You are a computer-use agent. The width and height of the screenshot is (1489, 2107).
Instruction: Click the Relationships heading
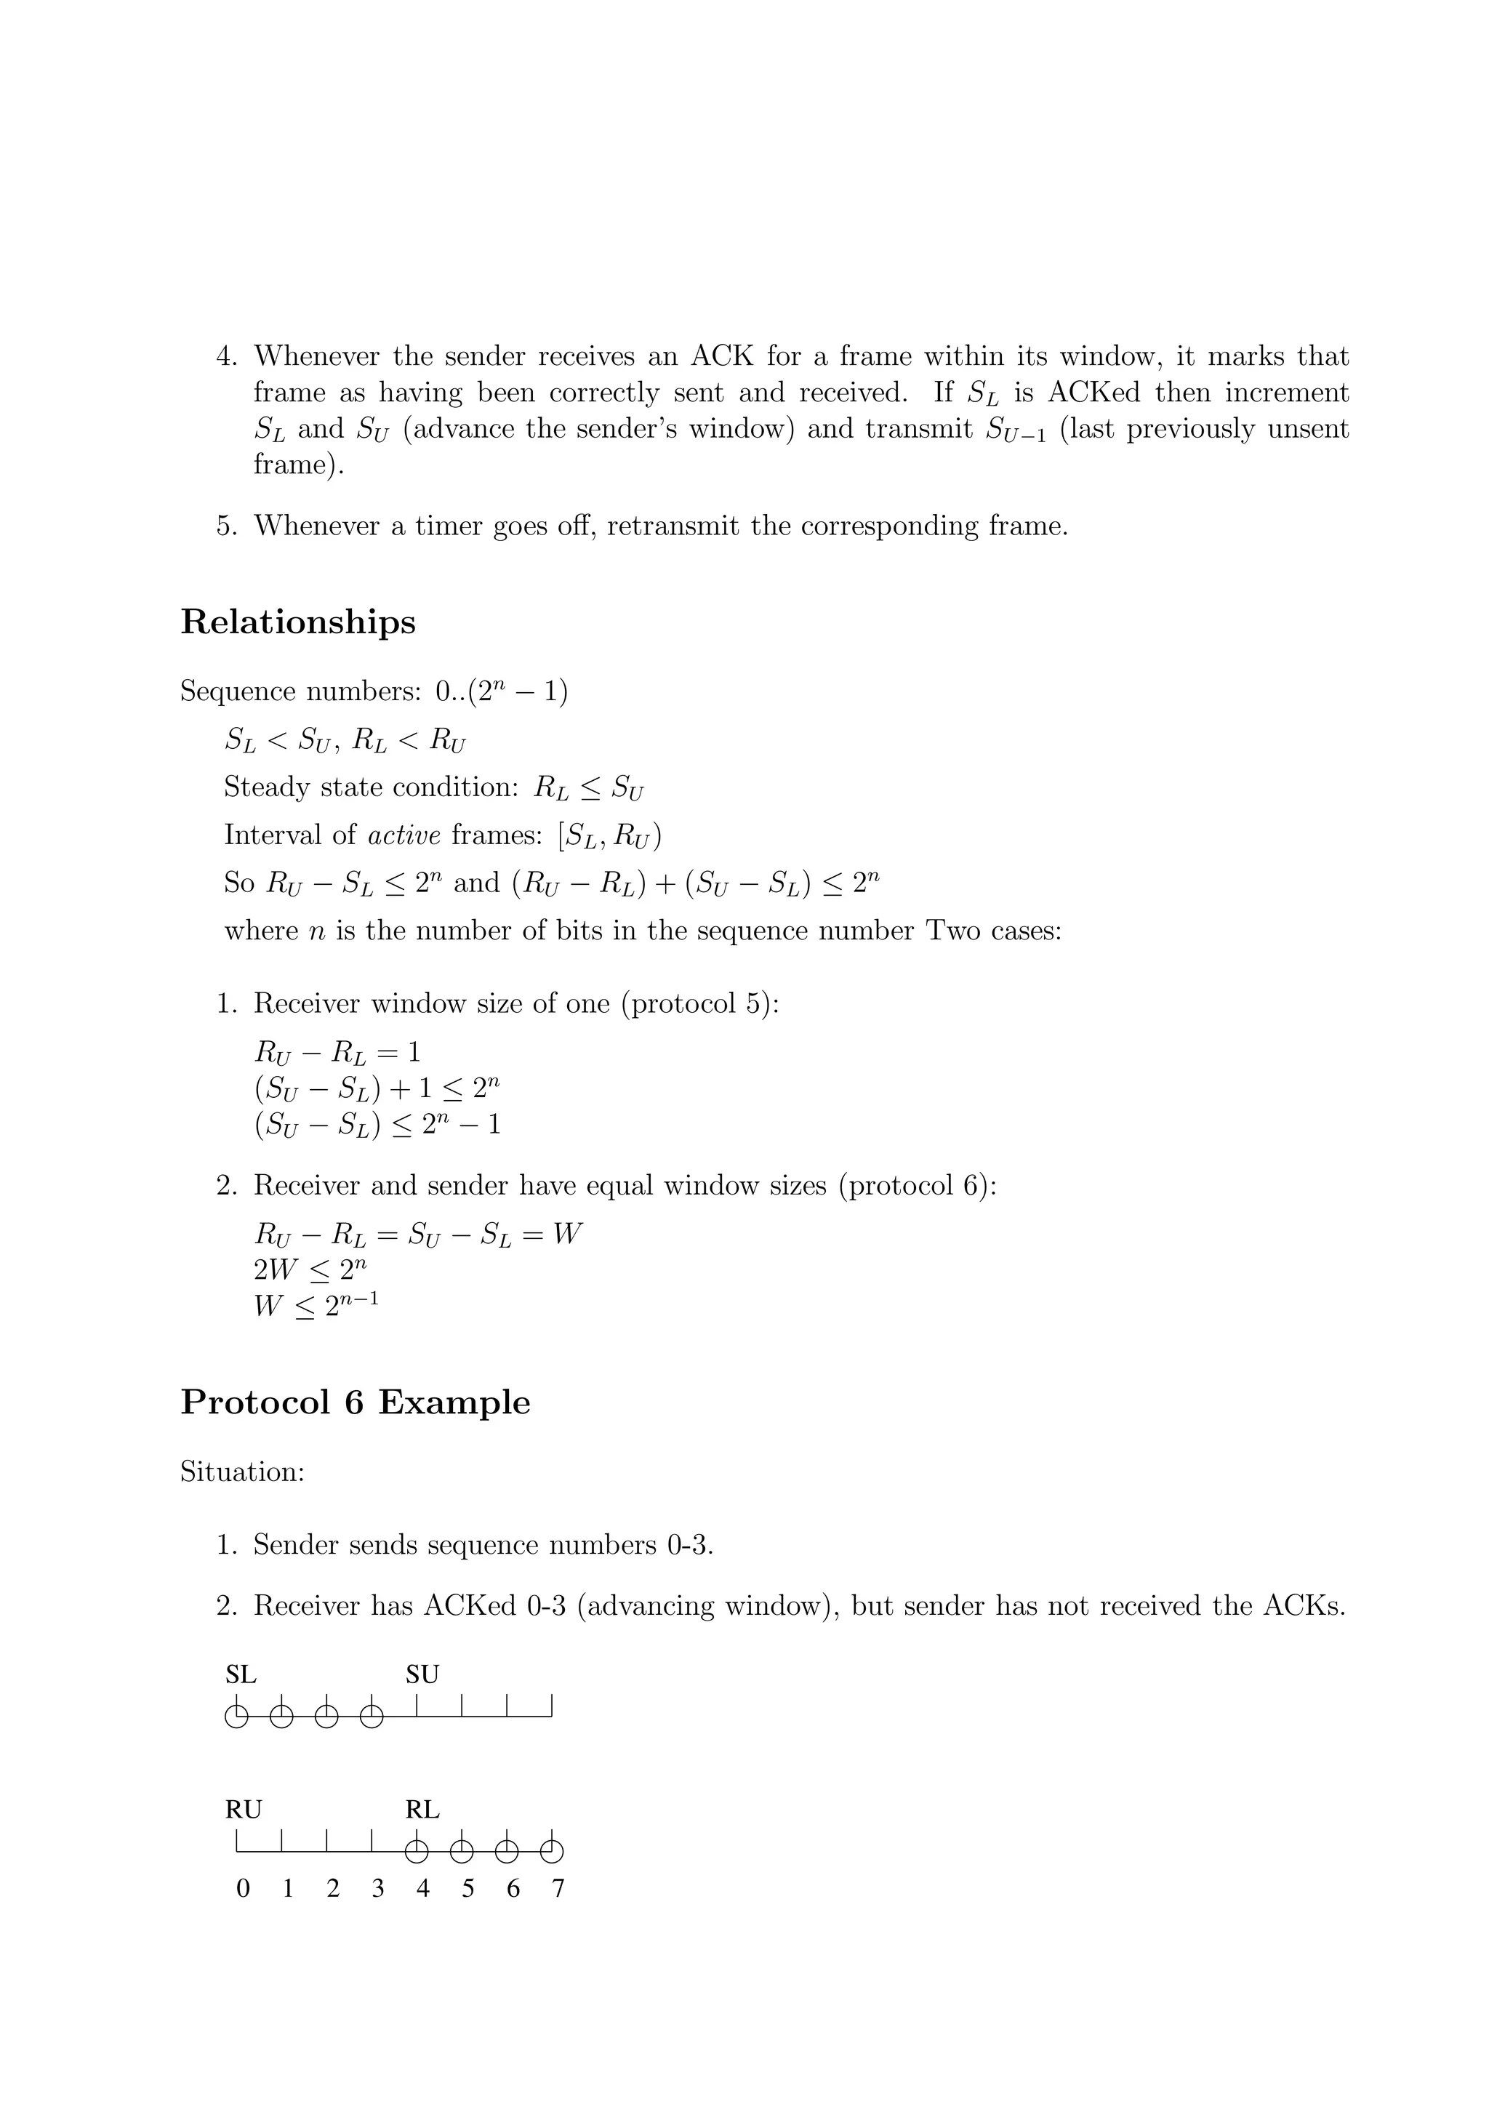[x=297, y=623]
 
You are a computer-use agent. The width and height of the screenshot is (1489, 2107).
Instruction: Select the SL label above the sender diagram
[x=241, y=1675]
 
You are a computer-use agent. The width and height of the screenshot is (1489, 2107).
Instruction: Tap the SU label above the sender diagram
[x=422, y=1675]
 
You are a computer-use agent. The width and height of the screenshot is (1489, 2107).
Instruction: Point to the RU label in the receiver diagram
[x=243, y=1810]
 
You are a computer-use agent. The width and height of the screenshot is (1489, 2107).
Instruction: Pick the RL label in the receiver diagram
[x=422, y=1810]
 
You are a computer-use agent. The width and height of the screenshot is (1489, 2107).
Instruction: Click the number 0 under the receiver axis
[x=242, y=1889]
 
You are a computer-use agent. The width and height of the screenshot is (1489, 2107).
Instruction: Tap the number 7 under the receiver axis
[x=558, y=1889]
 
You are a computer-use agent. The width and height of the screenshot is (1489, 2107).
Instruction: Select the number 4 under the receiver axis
[x=422, y=1889]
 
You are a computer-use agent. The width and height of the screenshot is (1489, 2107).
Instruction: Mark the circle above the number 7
[x=551, y=1852]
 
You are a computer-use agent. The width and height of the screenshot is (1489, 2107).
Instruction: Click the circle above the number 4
[x=417, y=1852]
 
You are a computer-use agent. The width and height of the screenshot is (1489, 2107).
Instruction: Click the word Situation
[x=241, y=1472]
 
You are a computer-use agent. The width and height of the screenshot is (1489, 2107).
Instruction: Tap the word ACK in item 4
[x=722, y=356]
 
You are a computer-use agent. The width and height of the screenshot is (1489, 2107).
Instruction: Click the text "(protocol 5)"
[x=700, y=1004]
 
